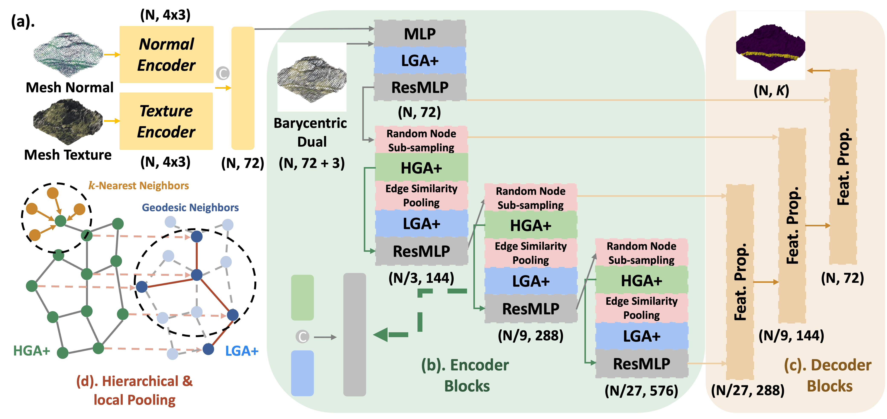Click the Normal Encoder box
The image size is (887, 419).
(166, 54)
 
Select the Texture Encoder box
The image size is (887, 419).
(166, 121)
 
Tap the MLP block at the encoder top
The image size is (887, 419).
(420, 34)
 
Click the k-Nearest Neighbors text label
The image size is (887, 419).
(139, 186)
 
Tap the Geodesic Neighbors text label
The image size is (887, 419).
(190, 208)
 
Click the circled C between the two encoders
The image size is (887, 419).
(223, 73)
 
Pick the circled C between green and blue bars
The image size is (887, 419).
(302, 337)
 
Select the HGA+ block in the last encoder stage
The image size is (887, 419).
(641, 281)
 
